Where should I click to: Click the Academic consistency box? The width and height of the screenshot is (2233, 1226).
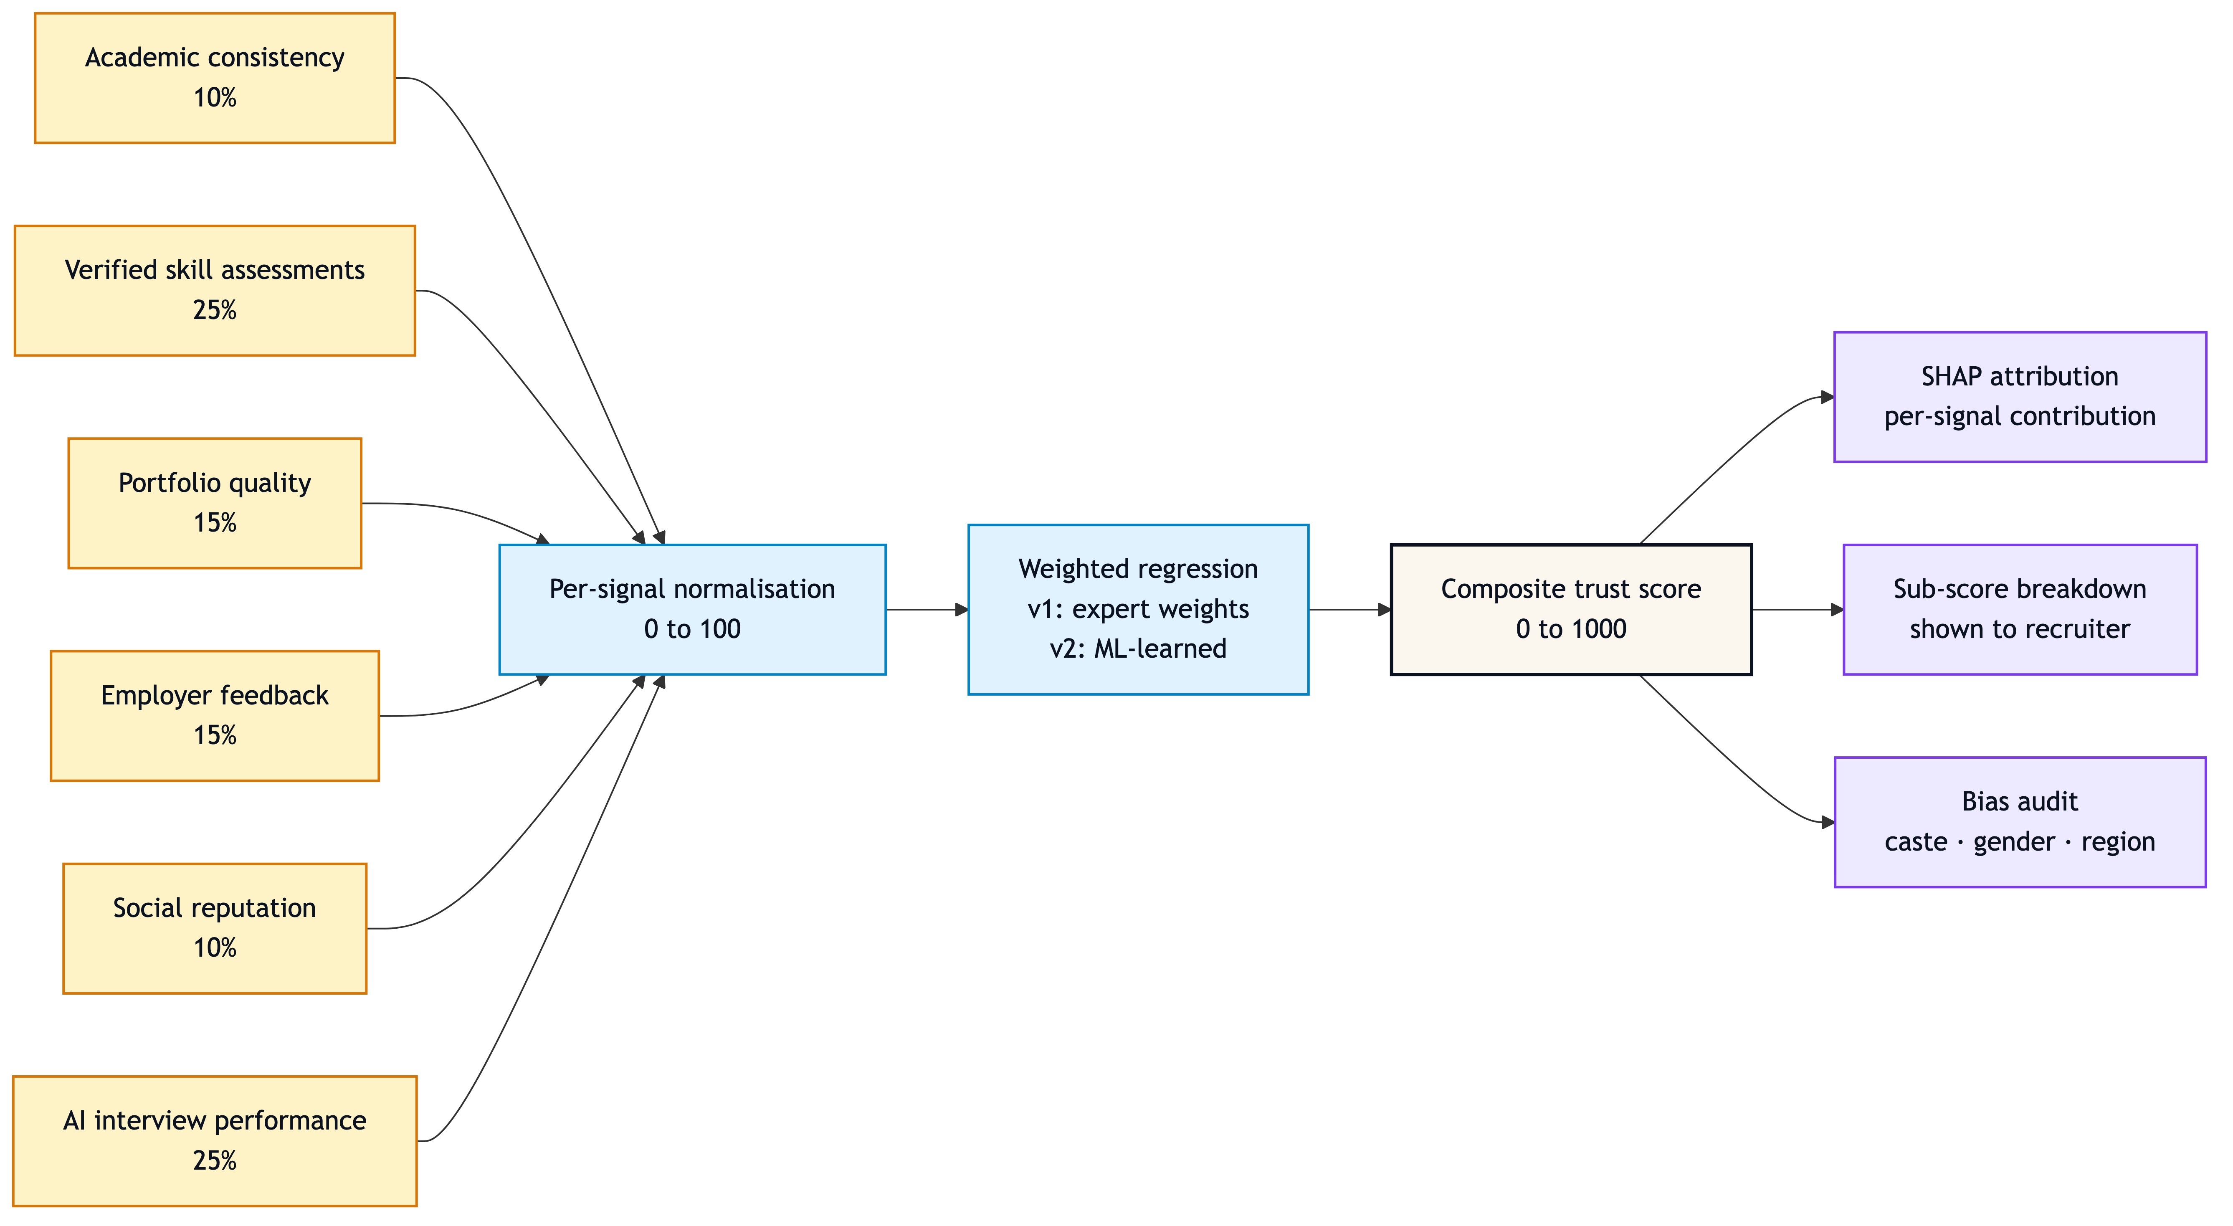pyautogui.click(x=215, y=78)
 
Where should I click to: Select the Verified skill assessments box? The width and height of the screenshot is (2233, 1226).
pyautogui.click(x=215, y=291)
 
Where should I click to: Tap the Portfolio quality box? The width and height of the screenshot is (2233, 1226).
pyautogui.click(x=215, y=503)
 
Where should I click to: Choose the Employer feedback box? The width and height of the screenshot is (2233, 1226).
pyautogui.click(x=215, y=715)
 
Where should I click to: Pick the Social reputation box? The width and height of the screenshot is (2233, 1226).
pyautogui.click(x=215, y=928)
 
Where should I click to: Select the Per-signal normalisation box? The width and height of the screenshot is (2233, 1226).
pyautogui.click(x=693, y=610)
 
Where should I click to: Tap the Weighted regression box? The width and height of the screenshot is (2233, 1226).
pyautogui.click(x=1138, y=610)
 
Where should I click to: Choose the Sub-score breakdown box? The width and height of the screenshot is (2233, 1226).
pyautogui.click(x=2020, y=610)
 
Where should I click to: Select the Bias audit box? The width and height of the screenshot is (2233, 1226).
pyautogui.click(x=2020, y=822)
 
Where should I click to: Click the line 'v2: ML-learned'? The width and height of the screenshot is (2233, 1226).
pyautogui.click(x=1138, y=648)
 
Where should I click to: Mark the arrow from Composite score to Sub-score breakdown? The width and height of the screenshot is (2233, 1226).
pyautogui.click(x=1798, y=610)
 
